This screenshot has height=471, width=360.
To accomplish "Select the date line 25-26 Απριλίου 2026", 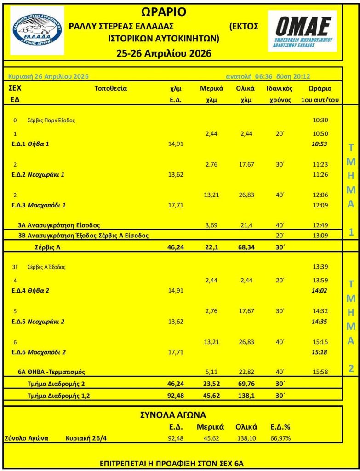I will pyautogui.click(x=164, y=54).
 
